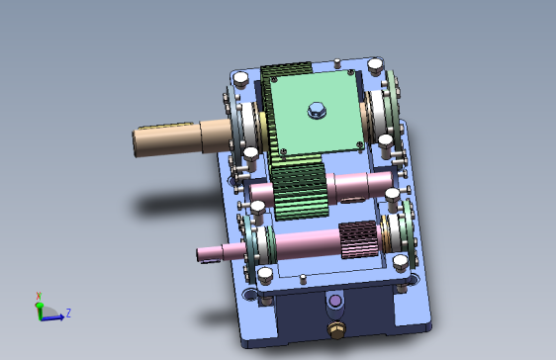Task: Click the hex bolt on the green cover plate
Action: (317, 110)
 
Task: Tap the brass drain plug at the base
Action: (335, 329)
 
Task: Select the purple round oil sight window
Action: (335, 301)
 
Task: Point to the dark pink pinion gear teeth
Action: (358, 239)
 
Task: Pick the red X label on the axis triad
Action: (39, 296)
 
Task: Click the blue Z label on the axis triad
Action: (68, 313)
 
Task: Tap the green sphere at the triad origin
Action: (40, 305)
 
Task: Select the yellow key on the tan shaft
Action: (165, 126)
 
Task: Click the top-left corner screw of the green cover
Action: (274, 80)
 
